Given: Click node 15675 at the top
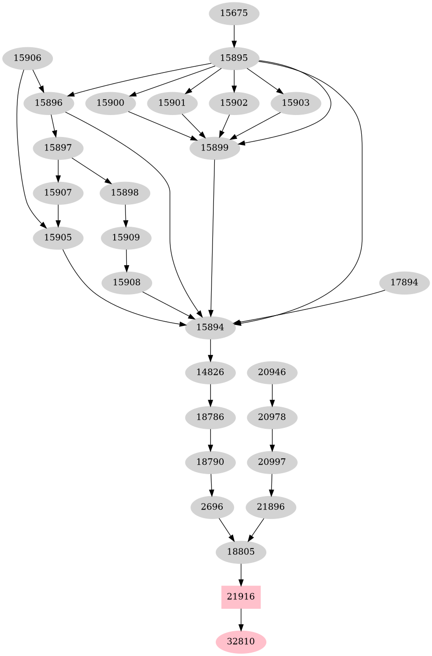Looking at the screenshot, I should [x=234, y=13].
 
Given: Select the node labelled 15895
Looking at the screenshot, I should [x=234, y=58].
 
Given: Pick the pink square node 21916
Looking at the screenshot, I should [x=241, y=597].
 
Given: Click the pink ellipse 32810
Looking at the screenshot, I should [x=241, y=642].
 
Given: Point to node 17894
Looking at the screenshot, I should [x=404, y=283].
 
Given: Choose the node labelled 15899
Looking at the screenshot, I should [x=215, y=148].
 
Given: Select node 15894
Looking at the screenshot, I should [x=210, y=327].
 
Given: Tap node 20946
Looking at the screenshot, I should [x=272, y=373].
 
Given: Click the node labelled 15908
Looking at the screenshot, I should [x=126, y=283].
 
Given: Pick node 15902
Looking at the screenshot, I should [x=234, y=103].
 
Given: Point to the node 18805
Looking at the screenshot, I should [x=241, y=552].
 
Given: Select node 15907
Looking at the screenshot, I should [x=58, y=193].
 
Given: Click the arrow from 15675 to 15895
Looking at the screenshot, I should [x=234, y=36].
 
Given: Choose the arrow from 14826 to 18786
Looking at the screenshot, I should [x=211, y=395].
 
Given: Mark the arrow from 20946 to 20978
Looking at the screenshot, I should [x=272, y=395].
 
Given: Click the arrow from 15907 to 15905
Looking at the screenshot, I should [x=58, y=215].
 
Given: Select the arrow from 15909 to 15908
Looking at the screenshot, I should [x=126, y=260].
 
